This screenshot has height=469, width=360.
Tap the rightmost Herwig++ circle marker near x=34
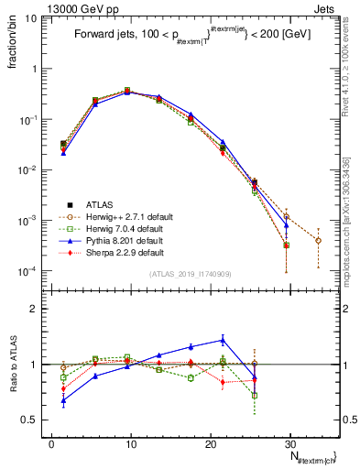coord(318,240)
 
